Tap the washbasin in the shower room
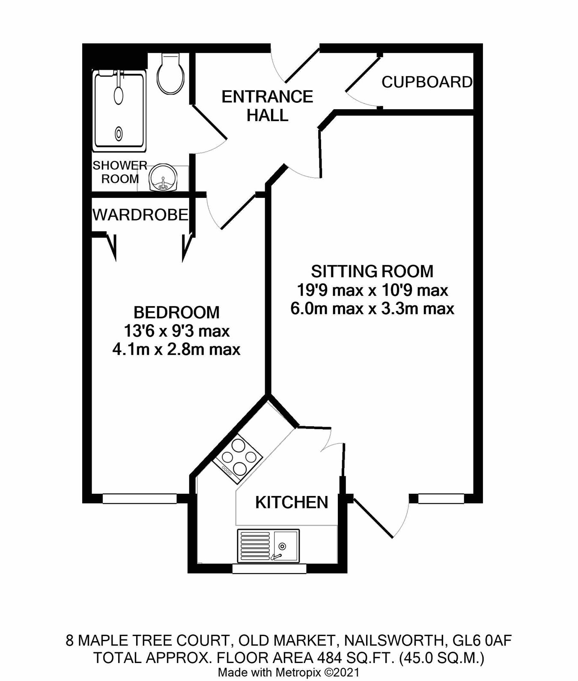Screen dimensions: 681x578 click(x=163, y=177)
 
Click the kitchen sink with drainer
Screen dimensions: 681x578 click(x=268, y=546)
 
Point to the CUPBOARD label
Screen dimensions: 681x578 click(x=426, y=82)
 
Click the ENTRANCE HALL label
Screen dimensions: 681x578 click(x=267, y=106)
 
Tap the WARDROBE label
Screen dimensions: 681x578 click(x=140, y=215)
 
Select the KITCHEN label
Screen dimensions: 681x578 click(x=292, y=502)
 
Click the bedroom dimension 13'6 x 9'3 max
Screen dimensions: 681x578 click(x=176, y=331)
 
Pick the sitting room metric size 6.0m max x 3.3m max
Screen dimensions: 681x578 click(x=372, y=309)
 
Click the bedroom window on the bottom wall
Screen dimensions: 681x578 click(x=140, y=499)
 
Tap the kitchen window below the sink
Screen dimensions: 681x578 click(x=269, y=569)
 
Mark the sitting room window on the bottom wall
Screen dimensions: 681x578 click(x=441, y=499)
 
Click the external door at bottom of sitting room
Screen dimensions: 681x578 click(x=373, y=518)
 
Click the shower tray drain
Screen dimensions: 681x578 click(x=119, y=134)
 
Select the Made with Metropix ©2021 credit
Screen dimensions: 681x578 click(x=289, y=672)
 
